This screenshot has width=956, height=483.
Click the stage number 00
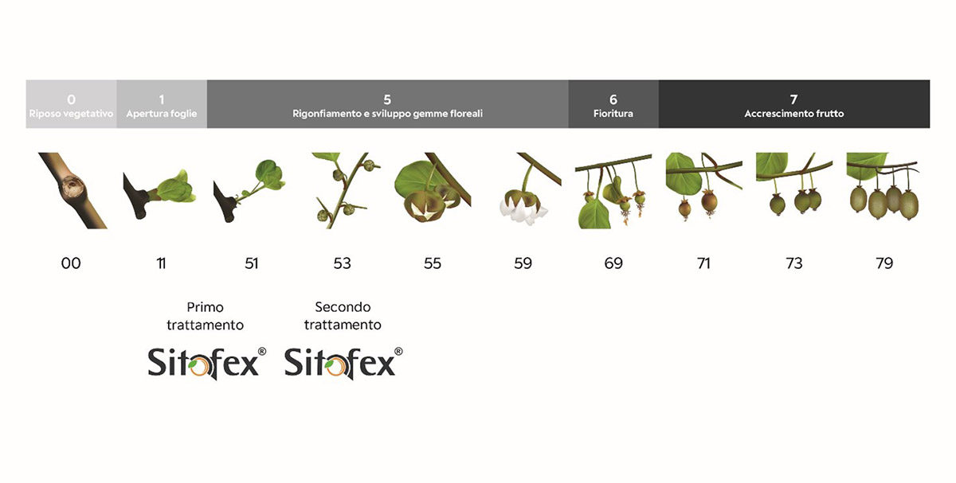point(71,263)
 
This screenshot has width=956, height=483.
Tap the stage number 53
point(342,263)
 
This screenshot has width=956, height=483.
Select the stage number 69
point(613,263)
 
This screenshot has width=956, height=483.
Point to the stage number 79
point(884,263)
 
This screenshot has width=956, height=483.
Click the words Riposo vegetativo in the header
point(71,114)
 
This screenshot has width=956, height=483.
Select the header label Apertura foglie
point(161,114)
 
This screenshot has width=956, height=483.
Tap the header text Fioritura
point(613,114)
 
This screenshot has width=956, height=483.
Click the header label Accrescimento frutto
point(793,114)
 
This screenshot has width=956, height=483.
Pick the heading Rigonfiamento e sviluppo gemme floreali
point(387,114)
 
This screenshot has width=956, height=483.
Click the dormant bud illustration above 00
point(72,190)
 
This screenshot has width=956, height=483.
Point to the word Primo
point(206,307)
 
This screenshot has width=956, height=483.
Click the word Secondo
point(343,307)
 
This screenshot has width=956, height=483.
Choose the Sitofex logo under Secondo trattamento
point(343,363)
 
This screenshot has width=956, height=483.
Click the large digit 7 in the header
point(793,99)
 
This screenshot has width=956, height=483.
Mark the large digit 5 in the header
point(387,99)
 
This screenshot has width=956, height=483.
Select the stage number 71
point(703,263)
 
